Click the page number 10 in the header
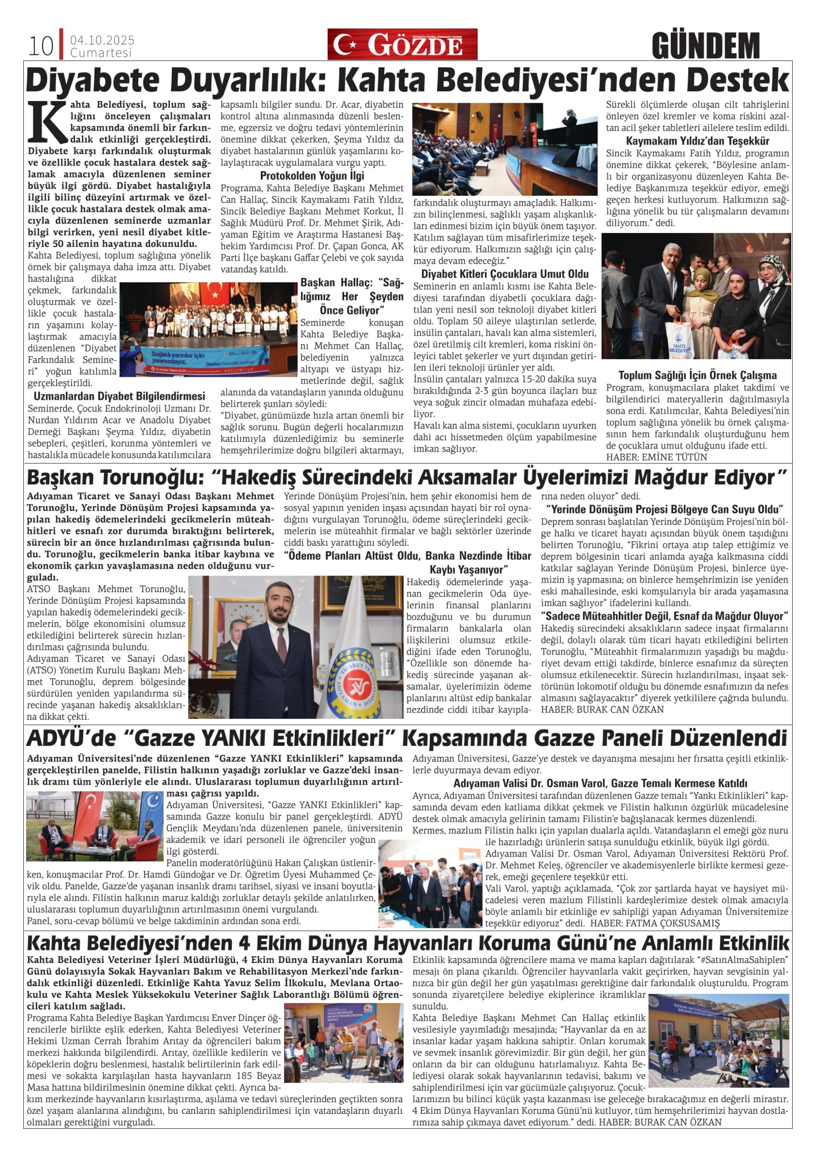[41, 46]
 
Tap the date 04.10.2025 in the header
[102, 40]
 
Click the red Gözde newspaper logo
[402, 45]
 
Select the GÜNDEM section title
[706, 46]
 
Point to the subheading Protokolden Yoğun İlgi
[312, 176]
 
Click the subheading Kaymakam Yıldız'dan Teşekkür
[697, 141]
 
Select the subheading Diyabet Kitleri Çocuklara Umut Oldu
[505, 274]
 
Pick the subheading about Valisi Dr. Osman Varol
[600, 783]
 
